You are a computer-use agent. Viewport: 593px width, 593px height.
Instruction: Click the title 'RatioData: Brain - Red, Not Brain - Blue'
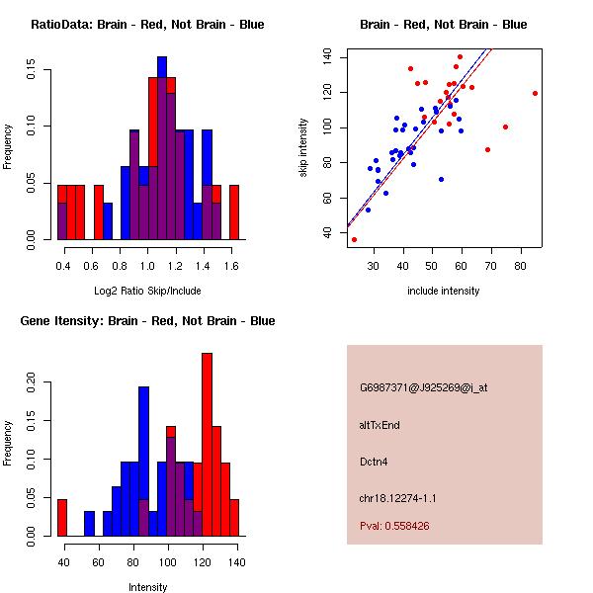(x=147, y=25)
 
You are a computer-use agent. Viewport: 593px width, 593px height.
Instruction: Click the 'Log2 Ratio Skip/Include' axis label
(x=147, y=291)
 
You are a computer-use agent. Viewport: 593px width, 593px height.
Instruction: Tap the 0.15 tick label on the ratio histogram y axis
(x=32, y=71)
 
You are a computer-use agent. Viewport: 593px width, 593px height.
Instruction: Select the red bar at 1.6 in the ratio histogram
(x=234, y=212)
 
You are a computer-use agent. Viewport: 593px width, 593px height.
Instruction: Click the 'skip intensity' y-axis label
(x=304, y=147)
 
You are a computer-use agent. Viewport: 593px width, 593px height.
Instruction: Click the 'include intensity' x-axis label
(x=444, y=291)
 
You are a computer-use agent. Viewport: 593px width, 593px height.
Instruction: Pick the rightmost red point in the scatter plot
(x=535, y=94)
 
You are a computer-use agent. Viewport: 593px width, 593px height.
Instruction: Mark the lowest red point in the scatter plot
(x=354, y=239)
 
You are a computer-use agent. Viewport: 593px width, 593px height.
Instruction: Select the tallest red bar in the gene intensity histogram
(x=207, y=444)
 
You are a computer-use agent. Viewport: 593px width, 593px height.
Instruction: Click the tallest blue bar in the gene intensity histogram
(x=143, y=461)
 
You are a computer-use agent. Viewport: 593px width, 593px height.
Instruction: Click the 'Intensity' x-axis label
(x=147, y=587)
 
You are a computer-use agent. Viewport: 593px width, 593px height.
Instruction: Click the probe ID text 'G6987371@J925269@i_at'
(x=424, y=387)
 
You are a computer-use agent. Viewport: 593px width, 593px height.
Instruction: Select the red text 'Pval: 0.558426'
(x=394, y=527)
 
